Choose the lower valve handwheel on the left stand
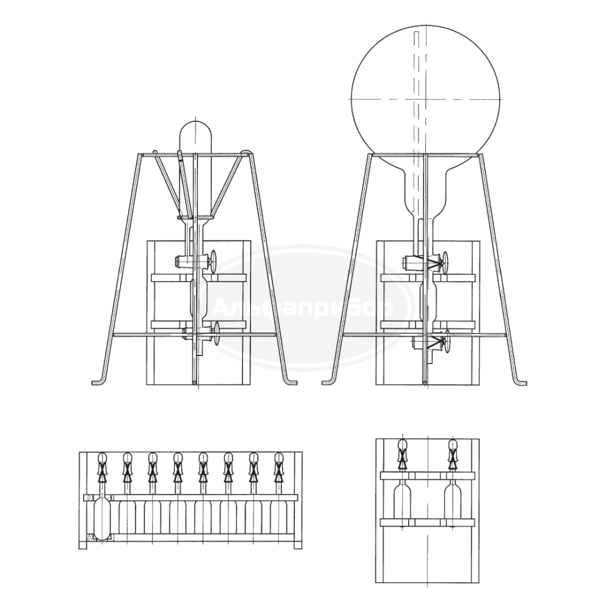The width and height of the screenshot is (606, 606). tap(216, 334)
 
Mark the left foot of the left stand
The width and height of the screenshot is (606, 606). tap(99, 382)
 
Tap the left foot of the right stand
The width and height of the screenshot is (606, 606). tap(329, 382)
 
